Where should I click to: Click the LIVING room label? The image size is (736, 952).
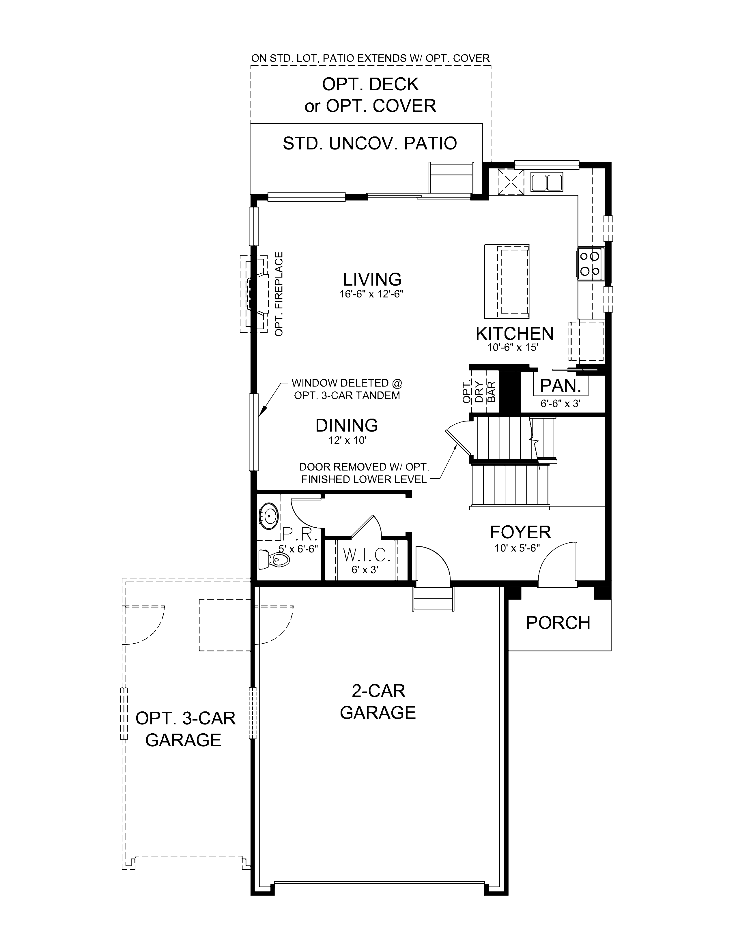point(372,279)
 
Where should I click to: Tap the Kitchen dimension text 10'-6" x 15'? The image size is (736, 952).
point(514,347)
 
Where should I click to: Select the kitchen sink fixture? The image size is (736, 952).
point(546,182)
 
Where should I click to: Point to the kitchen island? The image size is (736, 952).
point(507,281)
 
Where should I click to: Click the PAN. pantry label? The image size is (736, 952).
point(560,385)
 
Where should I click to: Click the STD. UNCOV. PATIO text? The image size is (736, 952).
point(369,143)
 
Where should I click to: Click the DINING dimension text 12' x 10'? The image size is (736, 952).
point(347,440)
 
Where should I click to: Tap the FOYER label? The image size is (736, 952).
point(520,532)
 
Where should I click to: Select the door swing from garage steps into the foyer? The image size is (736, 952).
point(432,562)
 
